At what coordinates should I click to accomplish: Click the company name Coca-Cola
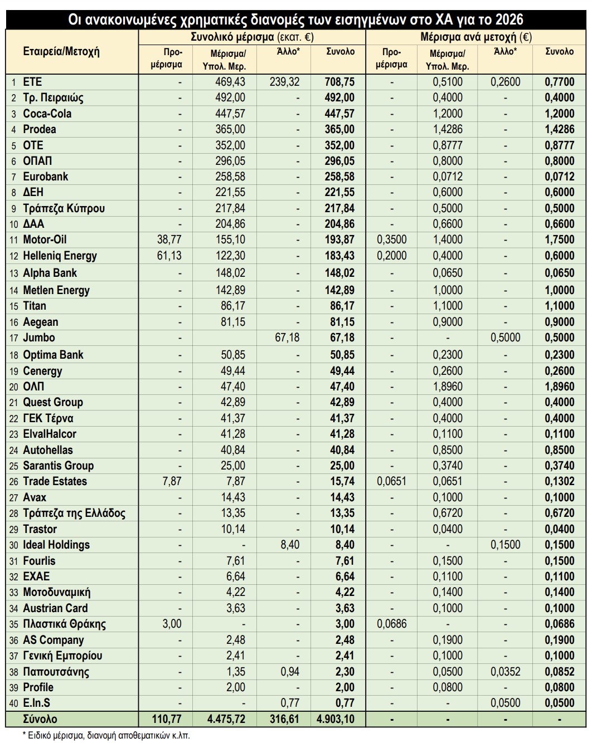tap(47, 114)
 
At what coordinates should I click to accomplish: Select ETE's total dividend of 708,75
tap(339, 82)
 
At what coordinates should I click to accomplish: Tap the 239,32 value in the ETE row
tap(284, 82)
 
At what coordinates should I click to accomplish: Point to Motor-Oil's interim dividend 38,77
tap(169, 240)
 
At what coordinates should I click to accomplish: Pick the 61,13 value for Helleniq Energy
tap(169, 256)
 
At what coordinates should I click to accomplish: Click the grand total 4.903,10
tap(335, 719)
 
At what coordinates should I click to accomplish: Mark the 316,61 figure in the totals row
tap(284, 719)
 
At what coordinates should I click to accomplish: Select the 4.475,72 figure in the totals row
tap(226, 719)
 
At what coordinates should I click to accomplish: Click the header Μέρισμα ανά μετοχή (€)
tap(476, 37)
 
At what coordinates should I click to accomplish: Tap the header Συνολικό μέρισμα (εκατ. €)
tap(252, 37)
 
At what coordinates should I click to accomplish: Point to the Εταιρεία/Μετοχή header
tap(61, 52)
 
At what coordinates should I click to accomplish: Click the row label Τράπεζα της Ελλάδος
tap(74, 513)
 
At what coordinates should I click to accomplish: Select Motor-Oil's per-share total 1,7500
tap(559, 240)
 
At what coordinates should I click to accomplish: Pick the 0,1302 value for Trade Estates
tap(559, 481)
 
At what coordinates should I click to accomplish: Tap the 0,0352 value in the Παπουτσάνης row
tap(505, 672)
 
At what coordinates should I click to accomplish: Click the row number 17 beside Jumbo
tap(14, 338)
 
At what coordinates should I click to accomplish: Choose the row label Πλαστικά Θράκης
tap(64, 624)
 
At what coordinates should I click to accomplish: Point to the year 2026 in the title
tap(508, 20)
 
